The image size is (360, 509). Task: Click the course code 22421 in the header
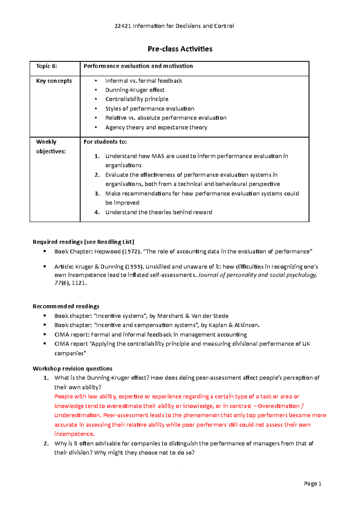[122, 26]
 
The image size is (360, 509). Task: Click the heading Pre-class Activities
[180, 49]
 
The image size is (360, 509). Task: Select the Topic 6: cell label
[46, 66]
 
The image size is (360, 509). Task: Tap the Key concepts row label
[54, 81]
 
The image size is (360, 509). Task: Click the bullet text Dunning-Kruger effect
[135, 90]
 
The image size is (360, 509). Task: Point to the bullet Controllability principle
[137, 99]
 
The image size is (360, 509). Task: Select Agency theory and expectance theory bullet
[156, 127]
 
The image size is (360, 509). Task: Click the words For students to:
[105, 142]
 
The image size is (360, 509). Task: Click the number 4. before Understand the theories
[97, 212]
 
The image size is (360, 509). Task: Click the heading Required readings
[58, 242]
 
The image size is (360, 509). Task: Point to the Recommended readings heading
[66, 306]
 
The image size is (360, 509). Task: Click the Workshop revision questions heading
[73, 369]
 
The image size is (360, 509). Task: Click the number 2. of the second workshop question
[46, 444]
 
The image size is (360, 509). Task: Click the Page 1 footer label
[313, 484]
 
